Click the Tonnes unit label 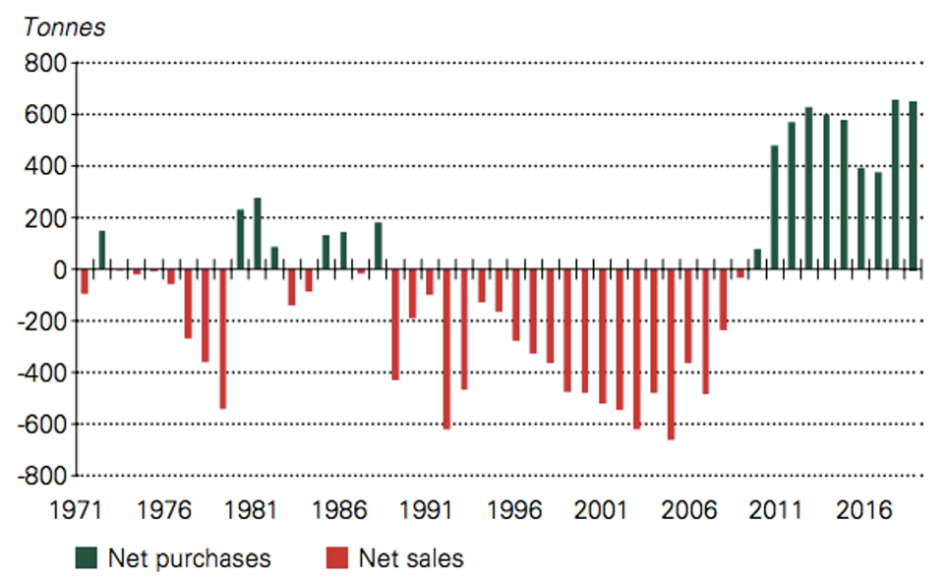coord(64,28)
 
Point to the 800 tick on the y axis coord(45,63)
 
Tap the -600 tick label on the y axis coord(41,425)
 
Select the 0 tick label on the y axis coord(60,270)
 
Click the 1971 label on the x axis coord(76,510)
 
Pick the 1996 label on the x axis coord(513,510)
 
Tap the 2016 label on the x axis coord(863,510)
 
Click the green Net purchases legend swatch coord(87,558)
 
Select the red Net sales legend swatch coord(337,558)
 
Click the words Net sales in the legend coord(411,558)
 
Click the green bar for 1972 coord(101,250)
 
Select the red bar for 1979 coord(223,339)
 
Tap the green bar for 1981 coord(257,234)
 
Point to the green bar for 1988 coord(378,246)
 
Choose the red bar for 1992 coord(446,349)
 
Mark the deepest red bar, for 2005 coord(671,355)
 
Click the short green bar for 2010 coord(757,260)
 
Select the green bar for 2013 coord(808,189)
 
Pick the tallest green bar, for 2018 coord(895,184)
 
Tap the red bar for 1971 coord(85,282)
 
